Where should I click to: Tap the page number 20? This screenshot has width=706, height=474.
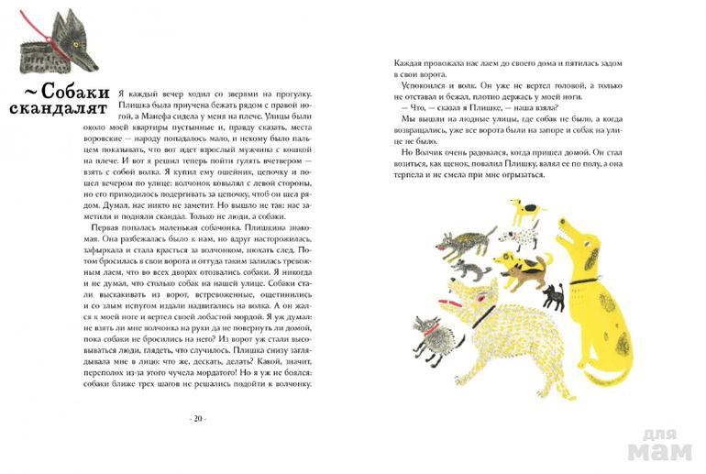pos(197,418)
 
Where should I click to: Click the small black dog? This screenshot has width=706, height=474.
pos(553,296)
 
